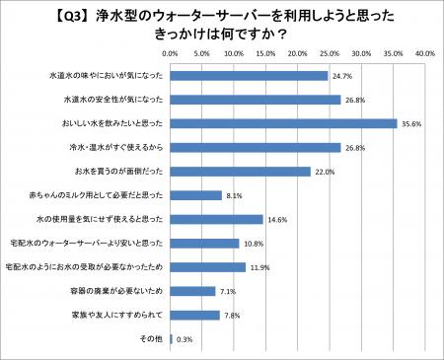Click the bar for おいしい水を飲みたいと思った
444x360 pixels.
[283, 123]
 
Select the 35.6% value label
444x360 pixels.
[412, 123]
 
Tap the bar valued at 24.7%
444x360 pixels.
[249, 75]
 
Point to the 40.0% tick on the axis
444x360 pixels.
[426, 52]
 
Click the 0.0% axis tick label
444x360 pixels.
[170, 52]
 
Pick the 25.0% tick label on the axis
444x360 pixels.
[330, 52]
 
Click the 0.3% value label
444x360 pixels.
[185, 339]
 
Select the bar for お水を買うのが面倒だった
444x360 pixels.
[240, 172]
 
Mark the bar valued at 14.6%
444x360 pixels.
[216, 219]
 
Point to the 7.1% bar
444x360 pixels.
[192, 291]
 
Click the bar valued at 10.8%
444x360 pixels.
[204, 244]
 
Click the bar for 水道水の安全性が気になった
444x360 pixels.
[256, 99]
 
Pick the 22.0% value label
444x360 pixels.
[326, 172]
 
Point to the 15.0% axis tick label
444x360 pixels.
[265, 52]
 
